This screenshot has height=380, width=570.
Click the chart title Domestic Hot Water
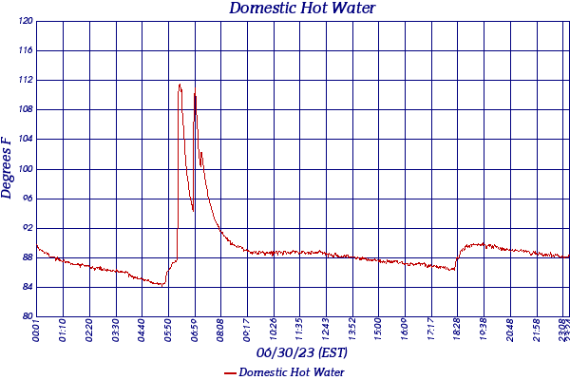click(302, 9)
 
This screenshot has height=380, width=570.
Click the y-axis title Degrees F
click(8, 167)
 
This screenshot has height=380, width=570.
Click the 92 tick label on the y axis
click(28, 228)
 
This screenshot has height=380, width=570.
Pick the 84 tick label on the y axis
click(28, 287)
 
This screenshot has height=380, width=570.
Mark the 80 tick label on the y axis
click(28, 316)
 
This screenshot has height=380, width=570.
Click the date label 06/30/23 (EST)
click(302, 353)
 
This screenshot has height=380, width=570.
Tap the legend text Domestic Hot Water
click(291, 372)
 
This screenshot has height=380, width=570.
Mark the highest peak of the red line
click(180, 85)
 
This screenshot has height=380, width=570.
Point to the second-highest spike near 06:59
click(195, 94)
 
